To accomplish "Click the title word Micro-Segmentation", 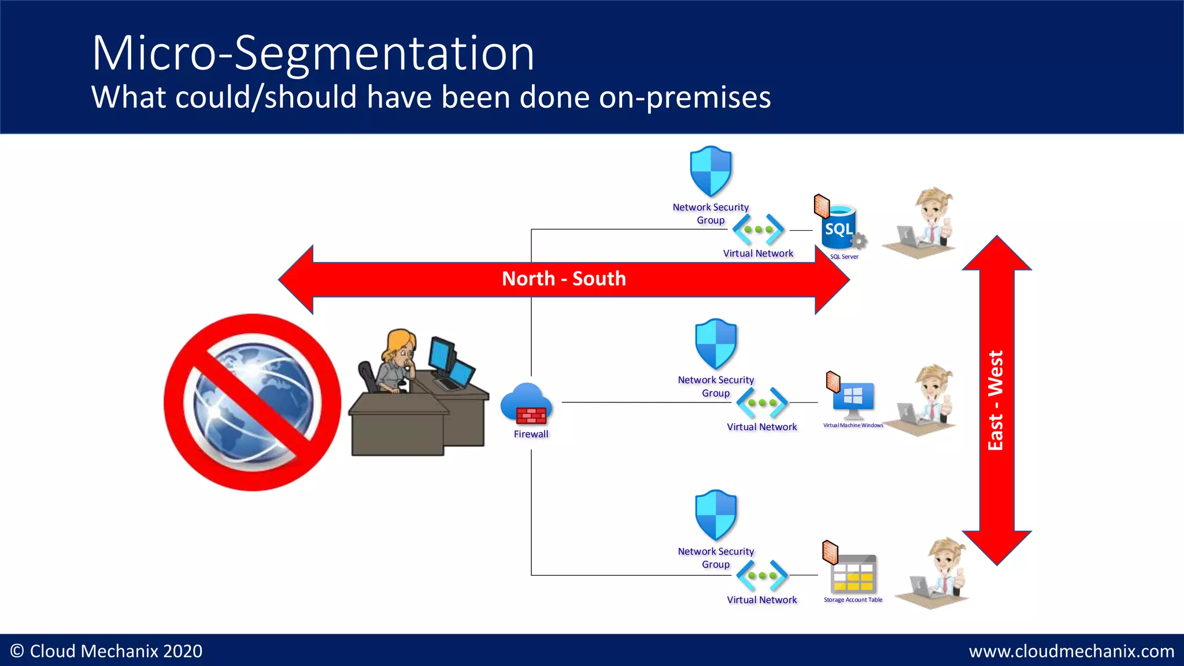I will click(313, 53).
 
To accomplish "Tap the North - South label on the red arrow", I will click(564, 279).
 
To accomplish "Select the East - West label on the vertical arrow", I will click(996, 400).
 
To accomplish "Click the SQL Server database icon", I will click(839, 229).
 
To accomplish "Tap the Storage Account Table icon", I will click(853, 574).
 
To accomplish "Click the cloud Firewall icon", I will click(527, 404).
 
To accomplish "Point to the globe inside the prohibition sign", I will click(253, 402).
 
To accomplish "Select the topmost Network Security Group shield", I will click(711, 171).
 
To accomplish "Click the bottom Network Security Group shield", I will click(716, 515).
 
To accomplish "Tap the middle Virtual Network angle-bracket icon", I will click(762, 402).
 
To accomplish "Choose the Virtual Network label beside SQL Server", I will click(758, 253).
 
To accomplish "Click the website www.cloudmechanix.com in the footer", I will click(1071, 651).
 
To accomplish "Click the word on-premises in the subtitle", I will click(684, 97).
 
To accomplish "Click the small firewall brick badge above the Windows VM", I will click(833, 382).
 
